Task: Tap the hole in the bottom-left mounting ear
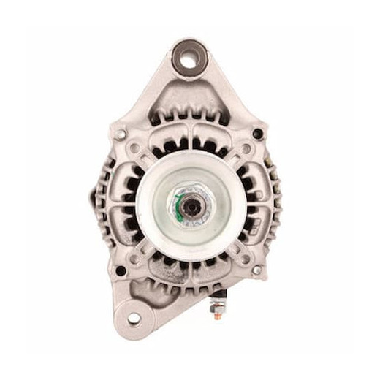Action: click(134, 319)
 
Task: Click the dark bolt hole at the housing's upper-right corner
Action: click(257, 134)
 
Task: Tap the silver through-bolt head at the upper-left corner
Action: click(121, 134)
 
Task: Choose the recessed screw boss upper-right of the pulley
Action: click(246, 149)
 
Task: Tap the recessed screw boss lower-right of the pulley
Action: click(246, 256)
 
